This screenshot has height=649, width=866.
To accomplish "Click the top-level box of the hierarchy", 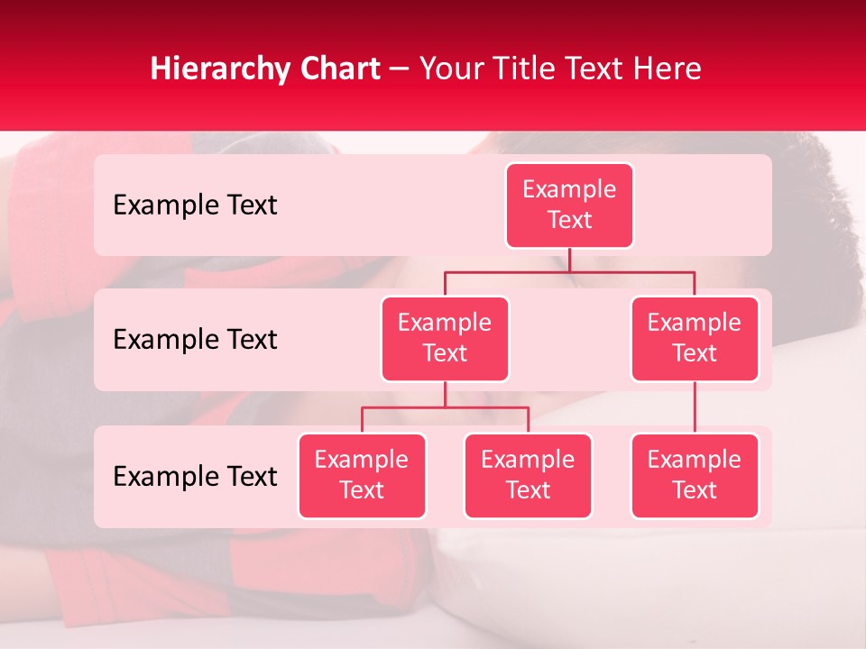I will click(569, 206).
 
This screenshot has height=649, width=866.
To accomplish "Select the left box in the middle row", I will click(445, 339).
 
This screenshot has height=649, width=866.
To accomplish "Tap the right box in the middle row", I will click(695, 339).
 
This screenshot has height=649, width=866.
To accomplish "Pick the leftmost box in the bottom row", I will click(362, 476).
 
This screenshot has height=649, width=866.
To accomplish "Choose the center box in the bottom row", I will click(528, 476).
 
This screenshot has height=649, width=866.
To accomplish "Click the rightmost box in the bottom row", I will click(695, 476).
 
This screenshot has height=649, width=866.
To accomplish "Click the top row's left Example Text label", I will click(195, 206).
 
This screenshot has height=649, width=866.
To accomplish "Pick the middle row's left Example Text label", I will click(195, 340).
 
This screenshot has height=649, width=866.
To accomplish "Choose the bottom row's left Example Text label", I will click(195, 477).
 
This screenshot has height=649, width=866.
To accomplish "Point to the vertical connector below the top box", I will click(569, 260).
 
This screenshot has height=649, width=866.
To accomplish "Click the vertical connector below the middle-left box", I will click(445, 394).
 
